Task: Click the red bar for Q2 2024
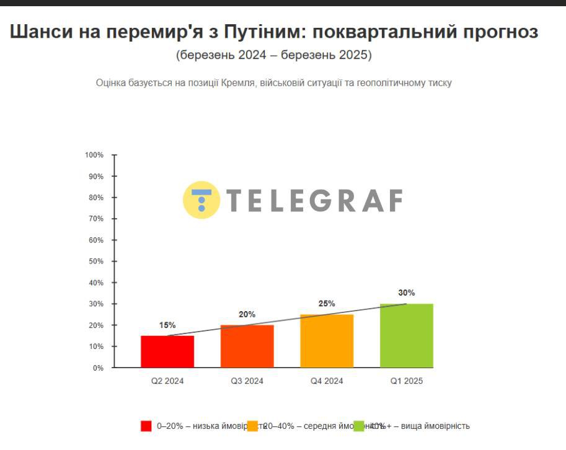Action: pos(167,351)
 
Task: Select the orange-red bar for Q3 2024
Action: pos(247,346)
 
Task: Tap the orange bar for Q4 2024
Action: pos(327,341)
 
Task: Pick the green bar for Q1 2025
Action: pos(407,335)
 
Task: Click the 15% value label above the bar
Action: pos(167,325)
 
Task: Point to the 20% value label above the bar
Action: pos(247,314)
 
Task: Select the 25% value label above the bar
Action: pos(327,304)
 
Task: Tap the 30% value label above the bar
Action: pos(407,293)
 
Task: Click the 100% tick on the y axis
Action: pos(94,155)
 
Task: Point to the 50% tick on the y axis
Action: pos(96,262)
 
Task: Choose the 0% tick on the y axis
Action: pos(98,368)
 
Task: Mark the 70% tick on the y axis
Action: pos(96,219)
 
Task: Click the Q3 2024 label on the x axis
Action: pos(247,381)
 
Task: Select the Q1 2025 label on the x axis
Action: pos(407,381)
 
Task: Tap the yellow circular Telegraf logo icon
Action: pos(201,200)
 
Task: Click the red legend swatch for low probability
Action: pos(146,426)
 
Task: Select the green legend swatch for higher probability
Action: pos(359,426)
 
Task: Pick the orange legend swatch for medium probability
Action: pos(252,426)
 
